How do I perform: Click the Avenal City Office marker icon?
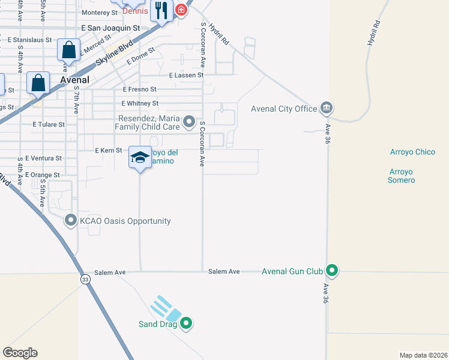pos(327,109)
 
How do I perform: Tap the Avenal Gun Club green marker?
pos(331,271)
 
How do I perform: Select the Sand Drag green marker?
pos(186,324)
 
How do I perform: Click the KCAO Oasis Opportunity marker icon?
pos(71,221)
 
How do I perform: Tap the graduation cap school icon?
pos(140,158)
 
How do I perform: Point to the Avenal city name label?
pos(75,80)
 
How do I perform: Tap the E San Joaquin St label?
pos(110,28)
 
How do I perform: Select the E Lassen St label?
pos(187,76)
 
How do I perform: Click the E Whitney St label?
pos(139,103)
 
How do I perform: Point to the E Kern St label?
pos(109,150)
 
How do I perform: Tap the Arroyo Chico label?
pos(412,152)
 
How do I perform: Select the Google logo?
pos(20,353)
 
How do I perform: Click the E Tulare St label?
pos(48,124)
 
